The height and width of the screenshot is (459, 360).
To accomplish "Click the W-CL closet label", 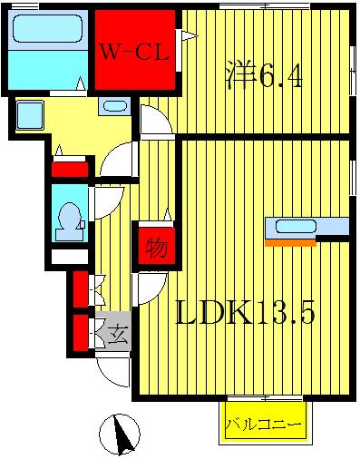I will click(133, 52).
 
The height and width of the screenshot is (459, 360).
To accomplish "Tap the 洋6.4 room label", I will click(263, 74).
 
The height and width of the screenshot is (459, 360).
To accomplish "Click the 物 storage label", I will click(155, 246).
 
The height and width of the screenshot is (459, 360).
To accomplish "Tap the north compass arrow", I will click(118, 435).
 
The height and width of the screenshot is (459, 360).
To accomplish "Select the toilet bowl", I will click(69, 220).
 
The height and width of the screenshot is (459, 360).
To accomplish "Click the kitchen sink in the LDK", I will click(296, 227).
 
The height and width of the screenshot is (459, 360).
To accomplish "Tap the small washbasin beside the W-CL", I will click(115, 106).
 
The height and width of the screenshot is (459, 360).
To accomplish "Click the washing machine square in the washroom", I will click(31, 115).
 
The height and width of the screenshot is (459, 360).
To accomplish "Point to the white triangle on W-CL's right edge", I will click(188, 36).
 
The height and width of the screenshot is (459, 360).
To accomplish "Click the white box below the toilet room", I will click(68, 257).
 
